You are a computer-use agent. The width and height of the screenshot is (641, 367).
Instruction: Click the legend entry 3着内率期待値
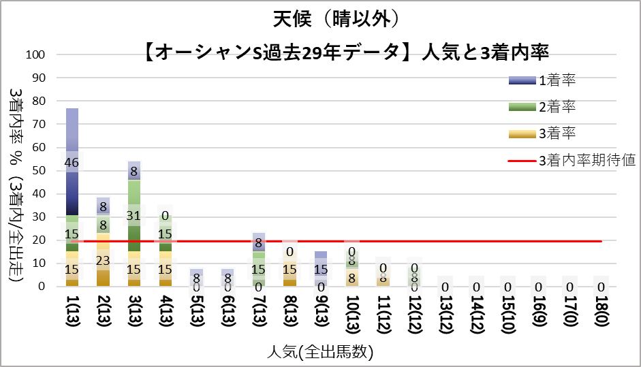587,161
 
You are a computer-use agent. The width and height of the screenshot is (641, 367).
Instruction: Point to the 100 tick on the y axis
36,55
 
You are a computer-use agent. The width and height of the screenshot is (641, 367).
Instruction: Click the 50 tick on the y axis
39,171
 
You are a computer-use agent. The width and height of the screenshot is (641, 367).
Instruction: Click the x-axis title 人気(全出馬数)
320,353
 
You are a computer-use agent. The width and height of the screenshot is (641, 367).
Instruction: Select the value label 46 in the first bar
72,163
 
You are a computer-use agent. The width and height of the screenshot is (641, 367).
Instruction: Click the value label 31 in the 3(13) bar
134,215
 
